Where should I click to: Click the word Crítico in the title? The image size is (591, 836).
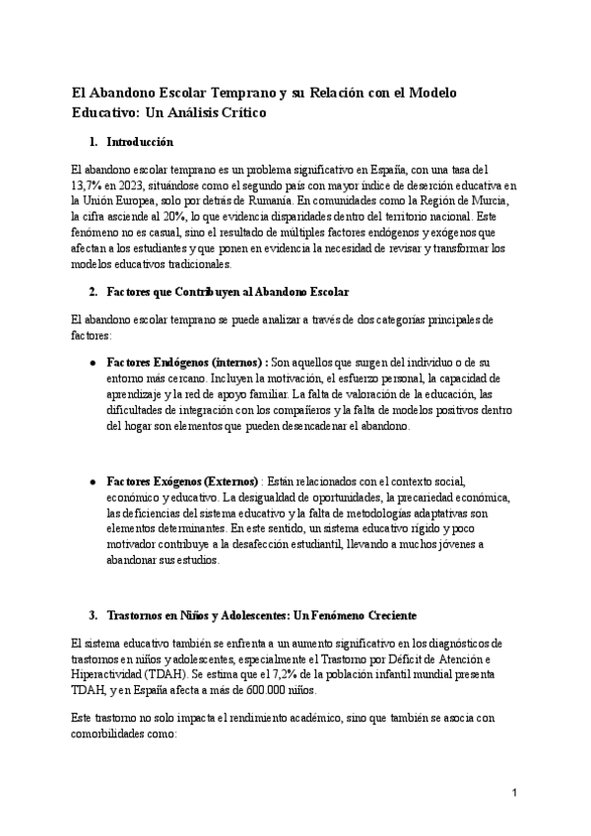coord(236,113)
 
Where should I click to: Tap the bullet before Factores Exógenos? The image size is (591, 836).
coord(92,481)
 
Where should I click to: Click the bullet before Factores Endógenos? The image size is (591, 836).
coord(92,362)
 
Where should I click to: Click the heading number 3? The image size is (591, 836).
coord(93,615)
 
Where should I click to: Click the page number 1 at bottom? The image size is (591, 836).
coord(514,793)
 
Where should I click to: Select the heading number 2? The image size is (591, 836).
coord(93,292)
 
